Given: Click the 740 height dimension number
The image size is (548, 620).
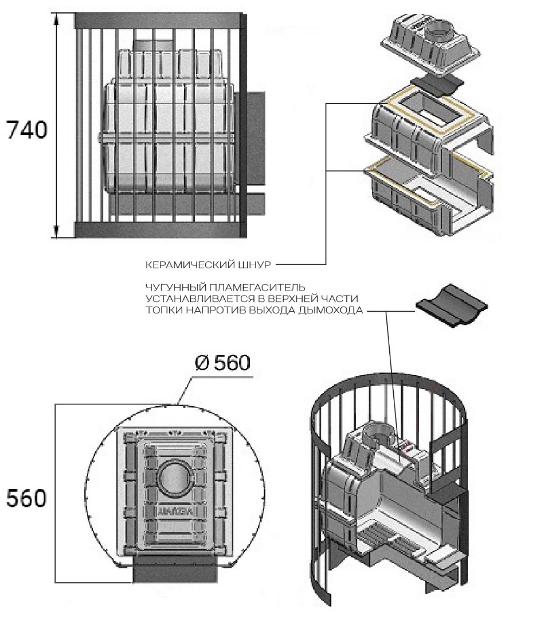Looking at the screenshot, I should click(x=26, y=130).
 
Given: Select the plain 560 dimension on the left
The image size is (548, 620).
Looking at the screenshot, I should click(x=26, y=498).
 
